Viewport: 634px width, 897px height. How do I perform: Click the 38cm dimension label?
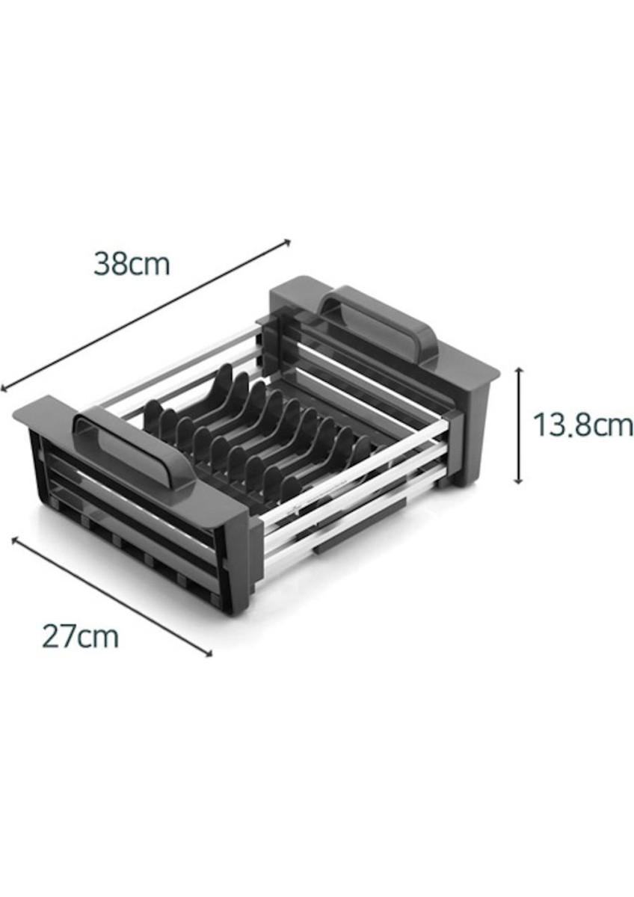click(x=132, y=264)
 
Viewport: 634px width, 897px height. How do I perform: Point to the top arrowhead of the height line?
click(x=519, y=371)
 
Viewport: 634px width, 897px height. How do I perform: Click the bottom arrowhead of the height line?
click(x=519, y=481)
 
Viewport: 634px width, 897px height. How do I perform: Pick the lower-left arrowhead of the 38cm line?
click(x=3, y=388)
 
